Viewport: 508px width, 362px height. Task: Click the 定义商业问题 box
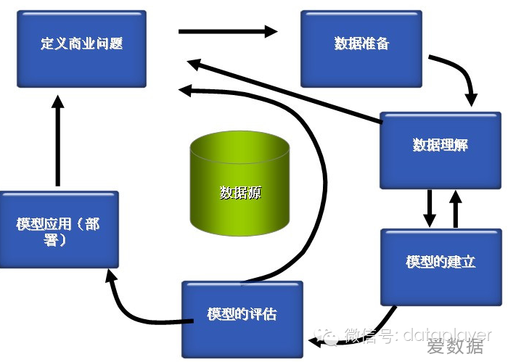[x=81, y=45]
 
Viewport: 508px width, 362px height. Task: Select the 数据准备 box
[x=361, y=45]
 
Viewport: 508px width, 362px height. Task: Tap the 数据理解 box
[x=440, y=146]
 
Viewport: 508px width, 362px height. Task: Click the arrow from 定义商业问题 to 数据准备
[x=228, y=31]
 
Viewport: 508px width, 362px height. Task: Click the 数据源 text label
[x=240, y=193]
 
